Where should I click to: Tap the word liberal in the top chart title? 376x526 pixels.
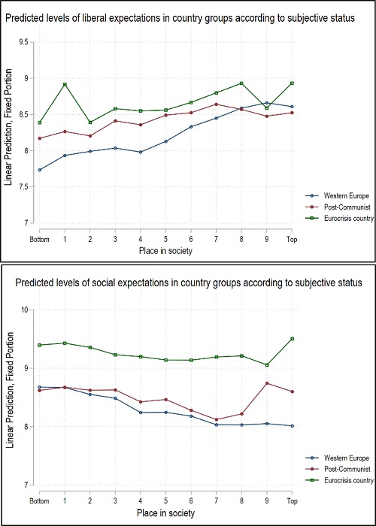pos(99,20)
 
